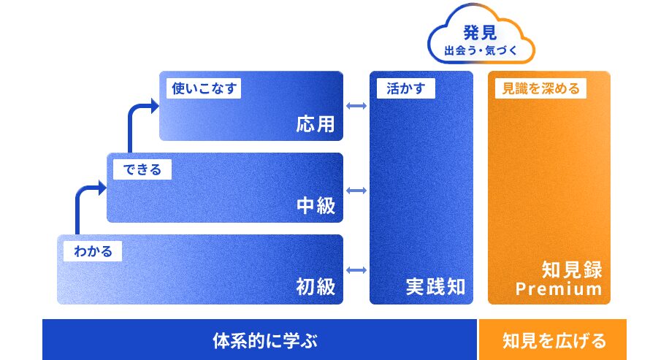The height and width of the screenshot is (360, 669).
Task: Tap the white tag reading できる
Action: pyautogui.click(x=142, y=169)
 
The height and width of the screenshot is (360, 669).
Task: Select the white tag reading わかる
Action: pyautogui.click(x=93, y=251)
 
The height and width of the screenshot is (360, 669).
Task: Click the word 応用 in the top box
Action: pyautogui.click(x=316, y=124)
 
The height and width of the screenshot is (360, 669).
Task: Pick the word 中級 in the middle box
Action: pyautogui.click(x=316, y=206)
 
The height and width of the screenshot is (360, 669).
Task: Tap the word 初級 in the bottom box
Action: pyautogui.click(x=316, y=286)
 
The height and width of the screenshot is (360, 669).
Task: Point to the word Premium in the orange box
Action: pyautogui.click(x=559, y=289)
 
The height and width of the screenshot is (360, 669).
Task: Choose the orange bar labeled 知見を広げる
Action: pyautogui.click(x=554, y=340)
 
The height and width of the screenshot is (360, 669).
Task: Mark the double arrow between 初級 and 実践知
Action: pyautogui.click(x=356, y=270)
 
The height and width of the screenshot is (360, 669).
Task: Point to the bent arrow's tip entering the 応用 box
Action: pyautogui.click(x=154, y=107)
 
